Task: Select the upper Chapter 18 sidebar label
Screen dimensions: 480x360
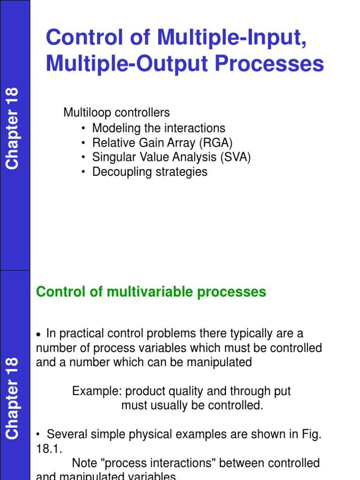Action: pos(12,128)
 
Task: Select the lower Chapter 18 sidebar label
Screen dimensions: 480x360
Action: pos(12,398)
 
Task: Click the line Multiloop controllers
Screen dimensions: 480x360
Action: pos(117,113)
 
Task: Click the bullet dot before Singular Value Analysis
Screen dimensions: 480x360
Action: pos(83,157)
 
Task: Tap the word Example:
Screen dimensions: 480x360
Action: pos(97,391)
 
